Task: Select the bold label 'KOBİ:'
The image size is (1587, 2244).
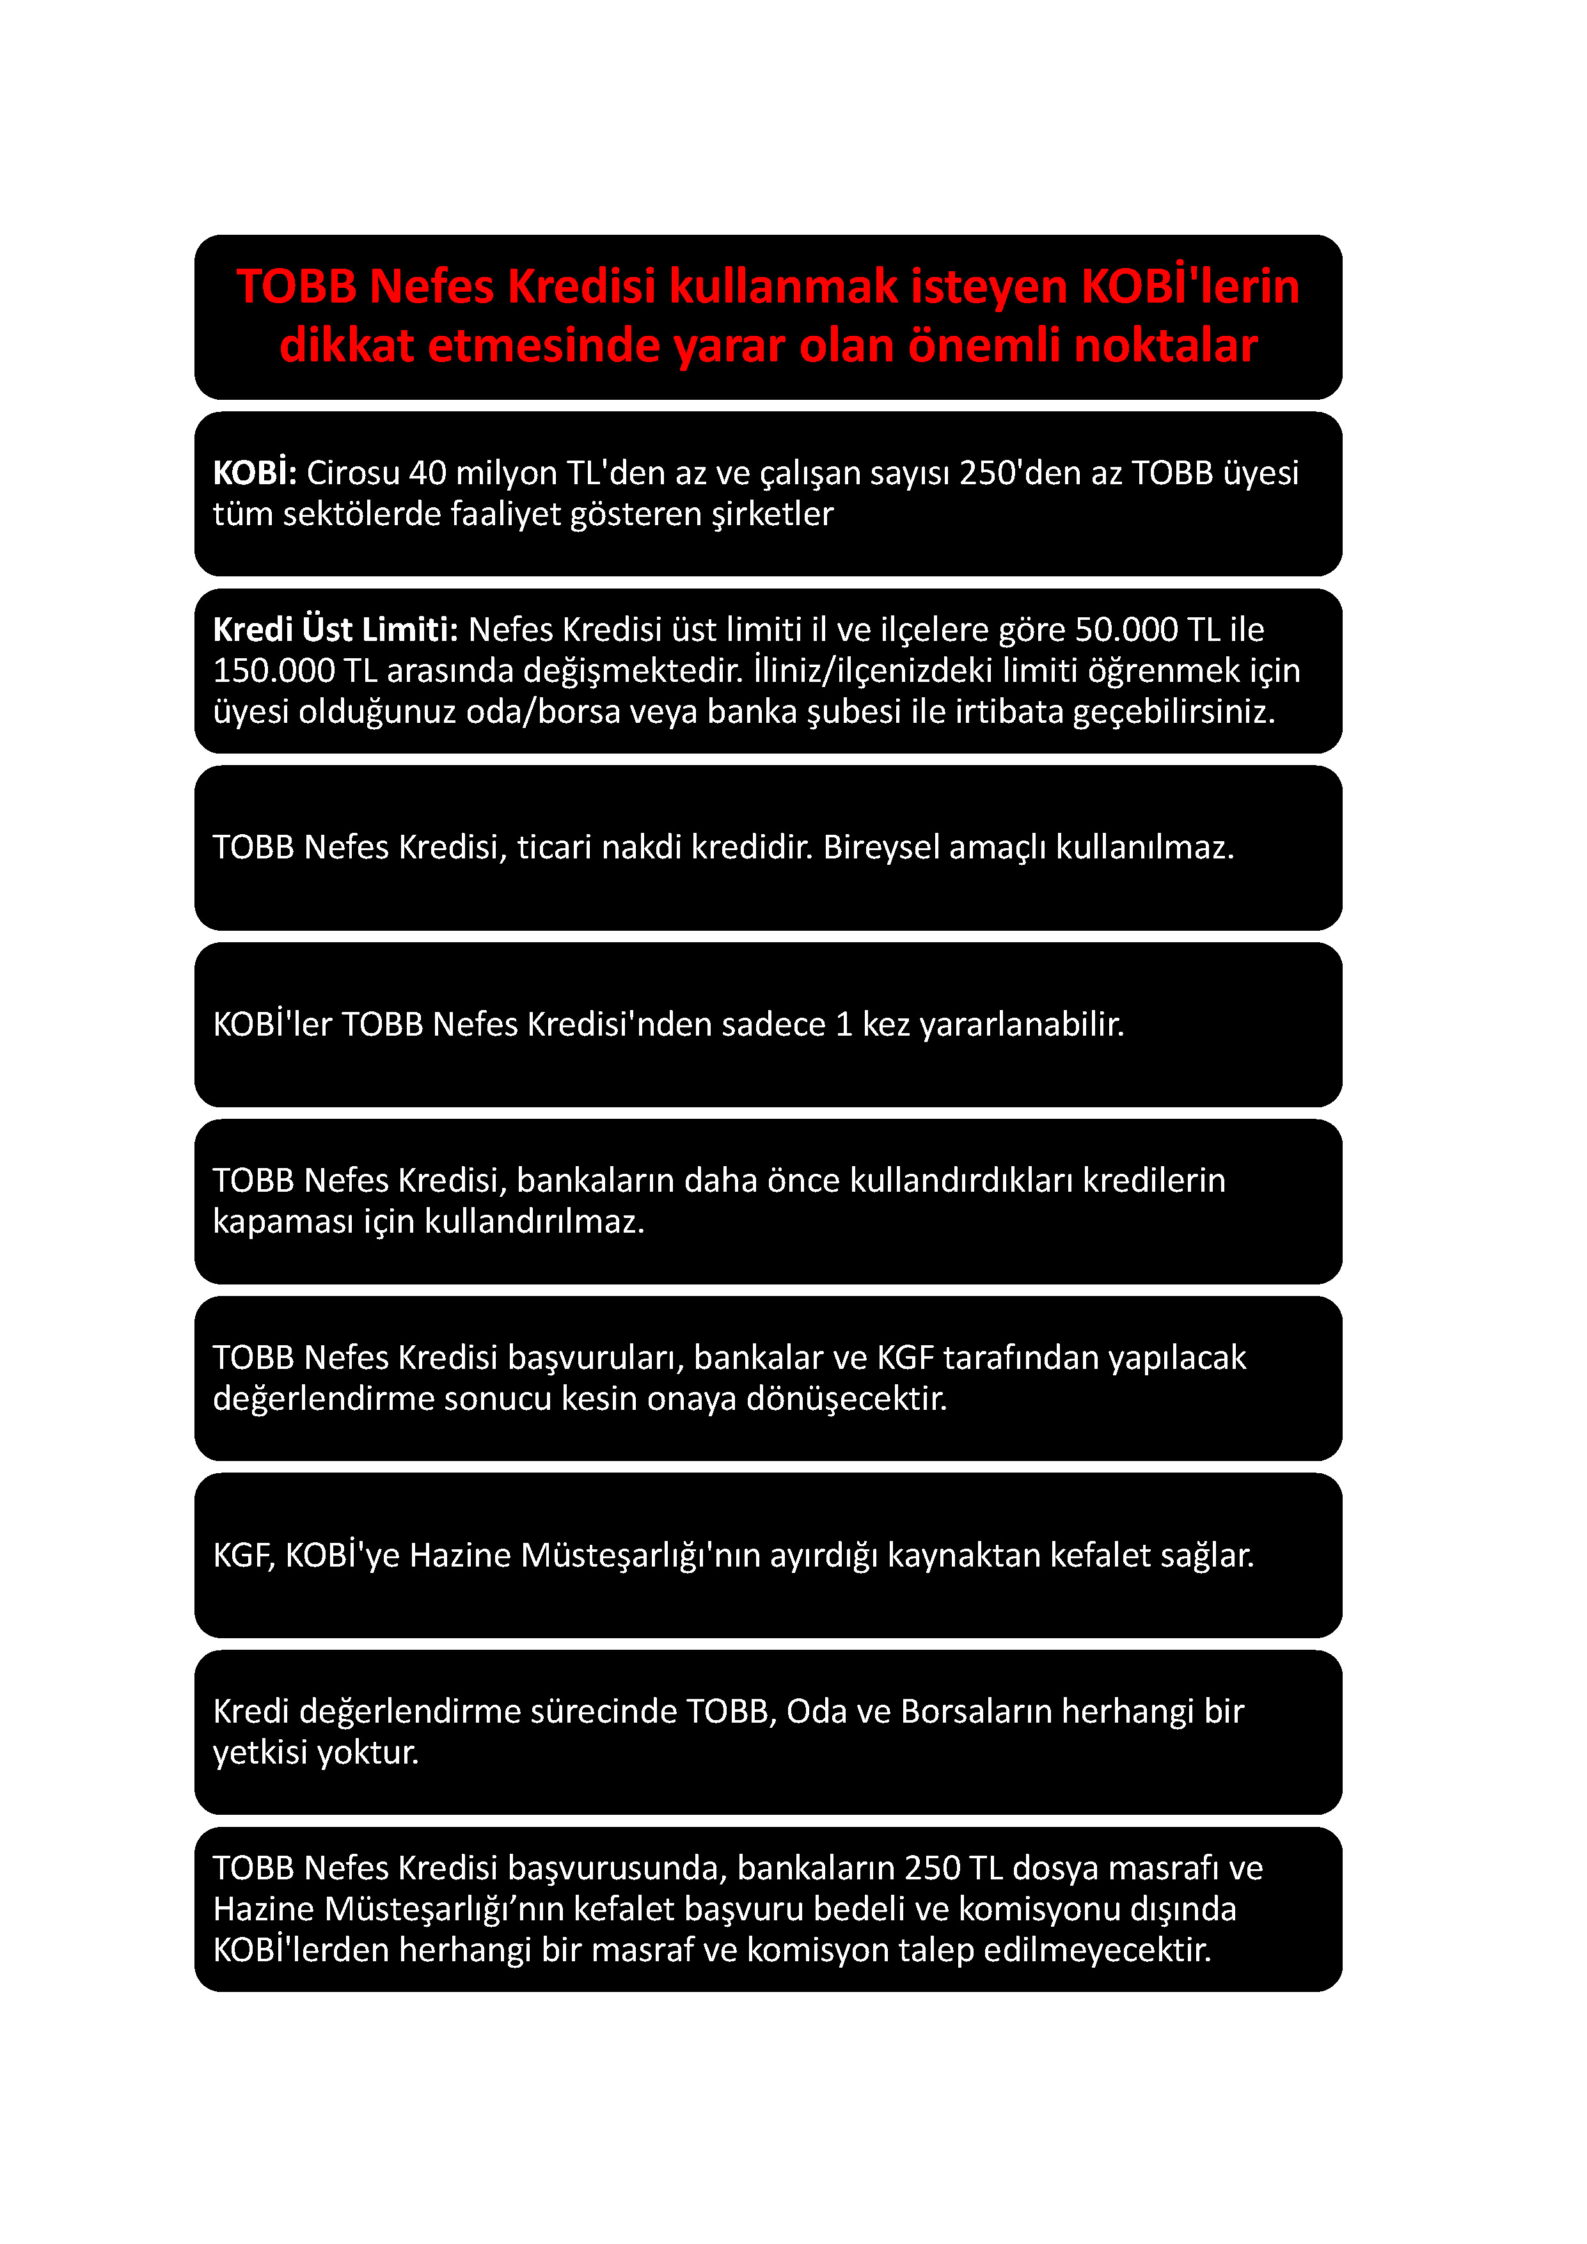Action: tap(254, 473)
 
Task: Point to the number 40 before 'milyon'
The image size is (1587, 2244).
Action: tap(427, 473)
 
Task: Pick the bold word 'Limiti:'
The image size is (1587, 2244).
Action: tap(409, 630)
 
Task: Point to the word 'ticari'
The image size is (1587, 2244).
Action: tap(554, 848)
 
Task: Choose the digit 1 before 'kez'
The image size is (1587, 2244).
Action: tap(844, 1024)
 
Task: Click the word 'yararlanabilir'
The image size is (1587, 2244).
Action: tap(1021, 1024)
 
